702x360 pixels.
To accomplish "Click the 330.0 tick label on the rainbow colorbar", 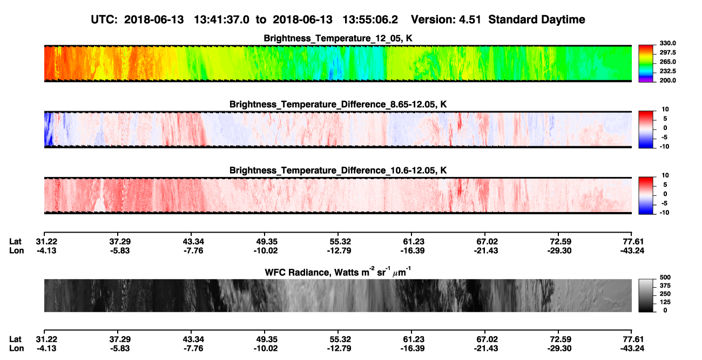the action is coord(667,43).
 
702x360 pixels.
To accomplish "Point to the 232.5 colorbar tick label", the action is coord(667,71).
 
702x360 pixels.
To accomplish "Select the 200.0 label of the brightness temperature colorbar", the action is coord(667,80).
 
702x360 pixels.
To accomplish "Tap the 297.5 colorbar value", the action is coord(667,53).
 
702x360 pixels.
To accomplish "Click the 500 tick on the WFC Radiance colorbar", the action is coord(665,277).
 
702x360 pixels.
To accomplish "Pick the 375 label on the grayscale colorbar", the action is coord(665,286).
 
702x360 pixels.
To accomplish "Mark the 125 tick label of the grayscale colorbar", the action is coord(665,302).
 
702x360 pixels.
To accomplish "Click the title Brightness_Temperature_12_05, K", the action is coord(338,38).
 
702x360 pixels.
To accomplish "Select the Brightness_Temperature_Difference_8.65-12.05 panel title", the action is coord(338,104).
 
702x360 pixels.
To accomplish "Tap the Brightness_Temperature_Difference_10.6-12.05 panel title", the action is coord(338,171).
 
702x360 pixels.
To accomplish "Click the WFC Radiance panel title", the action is coord(338,271).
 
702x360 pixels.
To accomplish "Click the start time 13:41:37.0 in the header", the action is coord(221,19).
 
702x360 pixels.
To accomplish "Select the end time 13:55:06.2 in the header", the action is coord(370,19).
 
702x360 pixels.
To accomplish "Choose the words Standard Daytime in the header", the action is coord(537,20).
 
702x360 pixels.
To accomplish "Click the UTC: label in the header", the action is coord(104,19).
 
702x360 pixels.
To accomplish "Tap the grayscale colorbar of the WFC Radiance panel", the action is coord(646,295).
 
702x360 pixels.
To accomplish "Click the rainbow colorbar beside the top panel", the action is coord(646,64).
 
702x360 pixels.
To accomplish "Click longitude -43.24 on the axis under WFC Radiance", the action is coord(632,349).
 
